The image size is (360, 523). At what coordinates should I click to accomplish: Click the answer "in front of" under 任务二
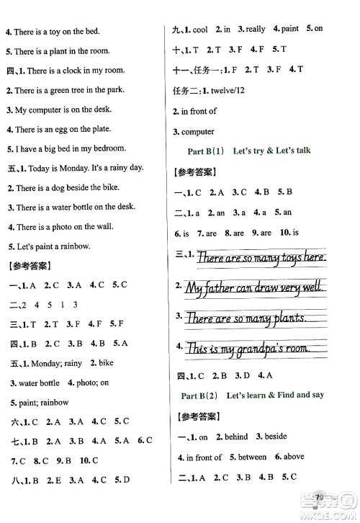(199, 112)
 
